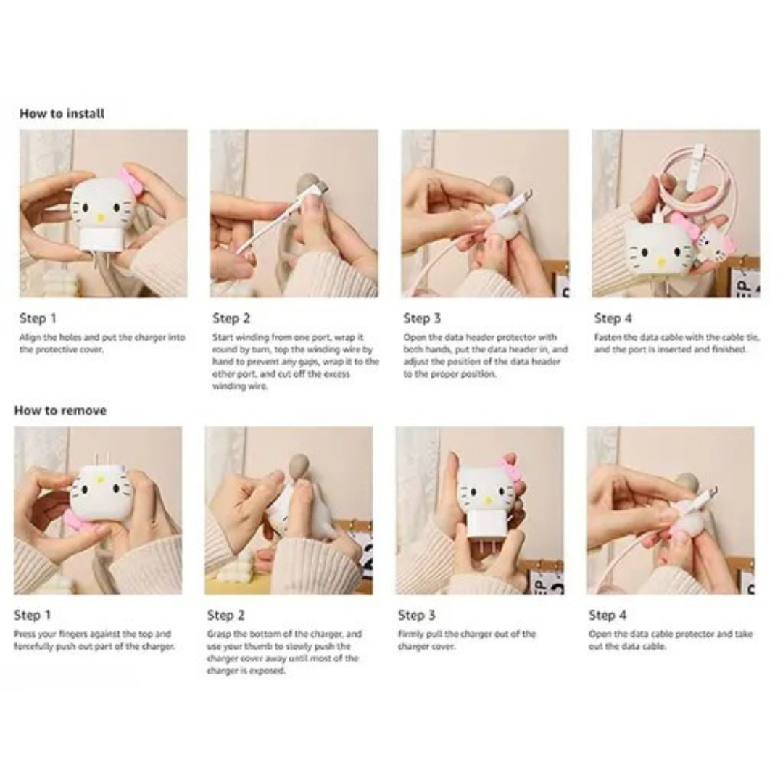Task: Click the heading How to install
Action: [x=62, y=114]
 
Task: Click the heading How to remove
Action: [x=60, y=410]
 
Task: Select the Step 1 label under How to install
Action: [x=38, y=318]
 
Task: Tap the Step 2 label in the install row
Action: [x=231, y=318]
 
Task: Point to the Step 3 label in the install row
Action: [x=422, y=318]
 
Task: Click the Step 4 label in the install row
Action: [x=613, y=318]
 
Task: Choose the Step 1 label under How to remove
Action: [x=33, y=616]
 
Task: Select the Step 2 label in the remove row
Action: [x=225, y=616]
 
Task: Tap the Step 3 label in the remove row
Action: [x=417, y=616]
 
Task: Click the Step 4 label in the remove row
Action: [x=608, y=616]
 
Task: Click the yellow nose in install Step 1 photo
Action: [x=101, y=217]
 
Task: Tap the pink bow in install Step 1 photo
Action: [x=130, y=181]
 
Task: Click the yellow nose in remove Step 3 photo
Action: [x=488, y=500]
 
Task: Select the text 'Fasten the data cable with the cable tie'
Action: [x=677, y=338]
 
